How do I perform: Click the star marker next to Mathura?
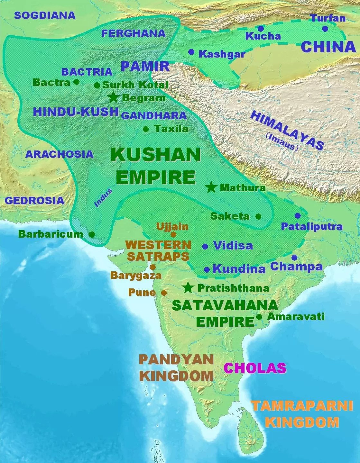tap(211, 187)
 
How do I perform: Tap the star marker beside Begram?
tap(113, 97)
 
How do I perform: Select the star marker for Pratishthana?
tap(188, 288)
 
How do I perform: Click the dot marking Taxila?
tap(146, 129)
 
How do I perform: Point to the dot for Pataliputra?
tap(298, 216)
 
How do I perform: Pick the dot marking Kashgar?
tap(191, 52)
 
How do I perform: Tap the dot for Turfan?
tap(325, 29)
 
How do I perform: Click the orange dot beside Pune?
tap(164, 293)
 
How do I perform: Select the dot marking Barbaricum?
tap(92, 234)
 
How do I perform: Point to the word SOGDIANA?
tap(45, 15)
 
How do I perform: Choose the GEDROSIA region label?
tap(34, 200)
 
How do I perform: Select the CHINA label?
tap(328, 47)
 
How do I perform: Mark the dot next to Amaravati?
tap(259, 317)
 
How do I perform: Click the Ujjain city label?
tap(172, 226)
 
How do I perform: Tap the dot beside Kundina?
tap(207, 269)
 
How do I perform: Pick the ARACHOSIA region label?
tap(59, 154)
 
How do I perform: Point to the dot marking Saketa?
tap(258, 217)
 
